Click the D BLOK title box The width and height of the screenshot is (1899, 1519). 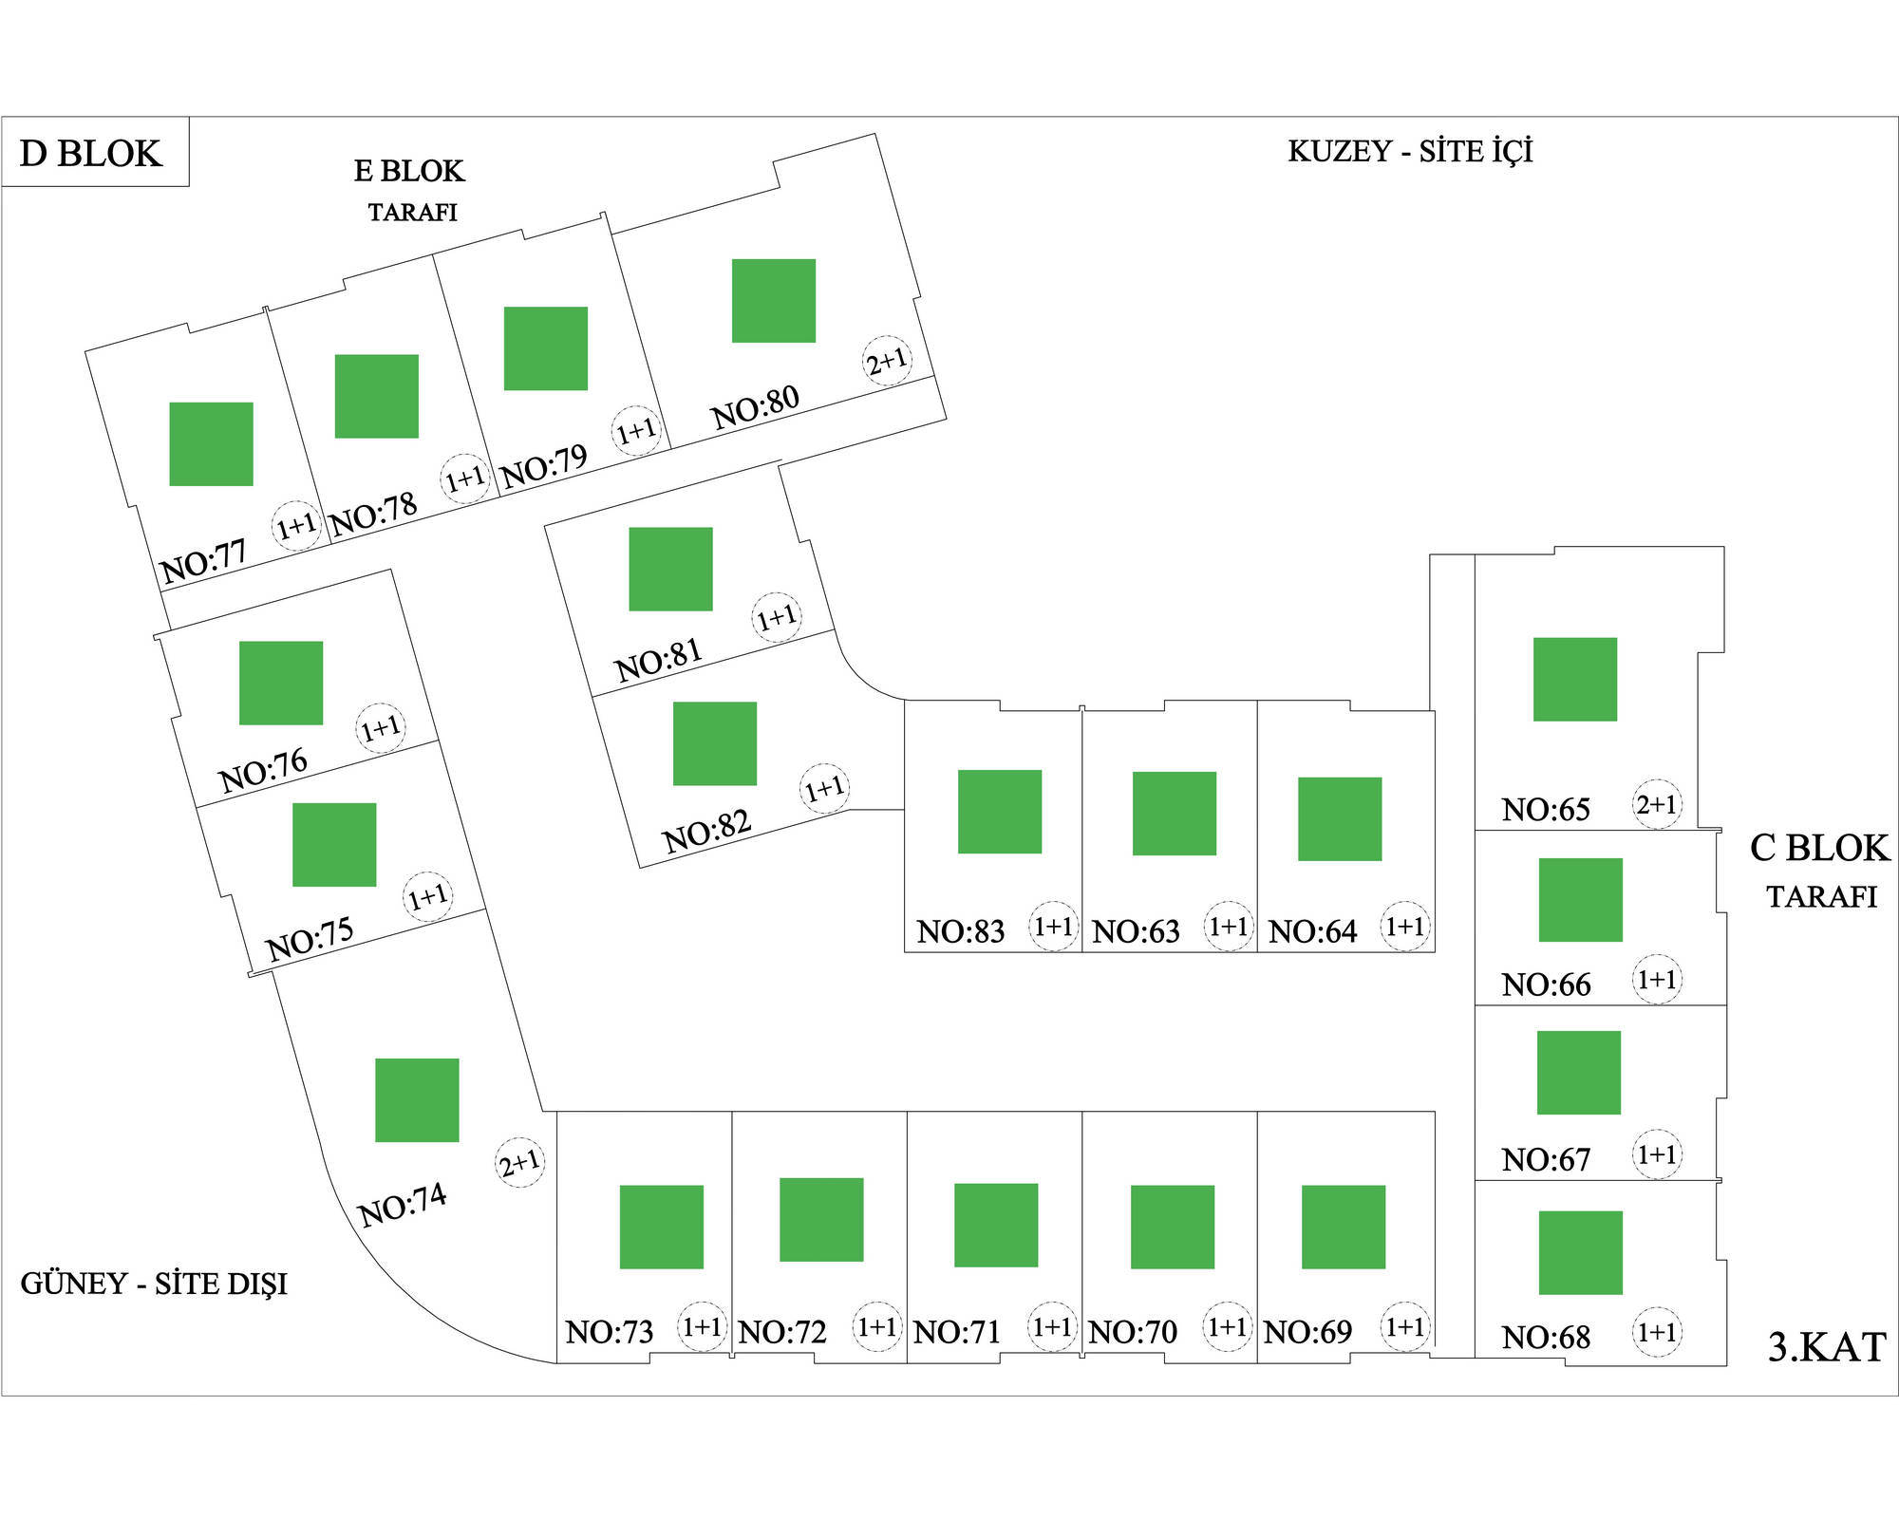[94, 152]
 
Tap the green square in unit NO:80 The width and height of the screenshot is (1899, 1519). [773, 300]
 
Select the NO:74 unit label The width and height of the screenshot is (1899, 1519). [402, 1204]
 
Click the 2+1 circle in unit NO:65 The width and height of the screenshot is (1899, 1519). [1657, 804]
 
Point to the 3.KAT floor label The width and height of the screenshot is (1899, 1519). [1826, 1347]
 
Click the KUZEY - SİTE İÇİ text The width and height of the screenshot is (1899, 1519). [1410, 151]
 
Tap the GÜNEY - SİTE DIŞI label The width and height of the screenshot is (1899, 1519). [154, 1285]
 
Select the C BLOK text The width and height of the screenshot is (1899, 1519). [1819, 848]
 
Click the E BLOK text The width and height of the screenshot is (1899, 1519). [409, 171]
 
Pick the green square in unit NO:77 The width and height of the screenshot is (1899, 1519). [211, 443]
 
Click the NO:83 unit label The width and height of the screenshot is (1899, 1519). [960, 931]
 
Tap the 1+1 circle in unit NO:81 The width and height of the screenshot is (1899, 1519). [777, 617]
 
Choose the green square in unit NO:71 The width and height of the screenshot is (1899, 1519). [996, 1225]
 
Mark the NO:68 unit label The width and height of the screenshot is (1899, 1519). [1546, 1337]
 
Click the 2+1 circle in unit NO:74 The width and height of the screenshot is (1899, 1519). [520, 1162]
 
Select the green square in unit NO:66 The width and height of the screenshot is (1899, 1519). [1580, 899]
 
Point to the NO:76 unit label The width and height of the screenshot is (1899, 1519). [263, 770]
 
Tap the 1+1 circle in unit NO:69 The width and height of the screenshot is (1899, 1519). [1404, 1326]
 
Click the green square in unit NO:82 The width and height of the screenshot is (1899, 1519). [714, 743]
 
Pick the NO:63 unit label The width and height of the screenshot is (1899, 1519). [1136, 931]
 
